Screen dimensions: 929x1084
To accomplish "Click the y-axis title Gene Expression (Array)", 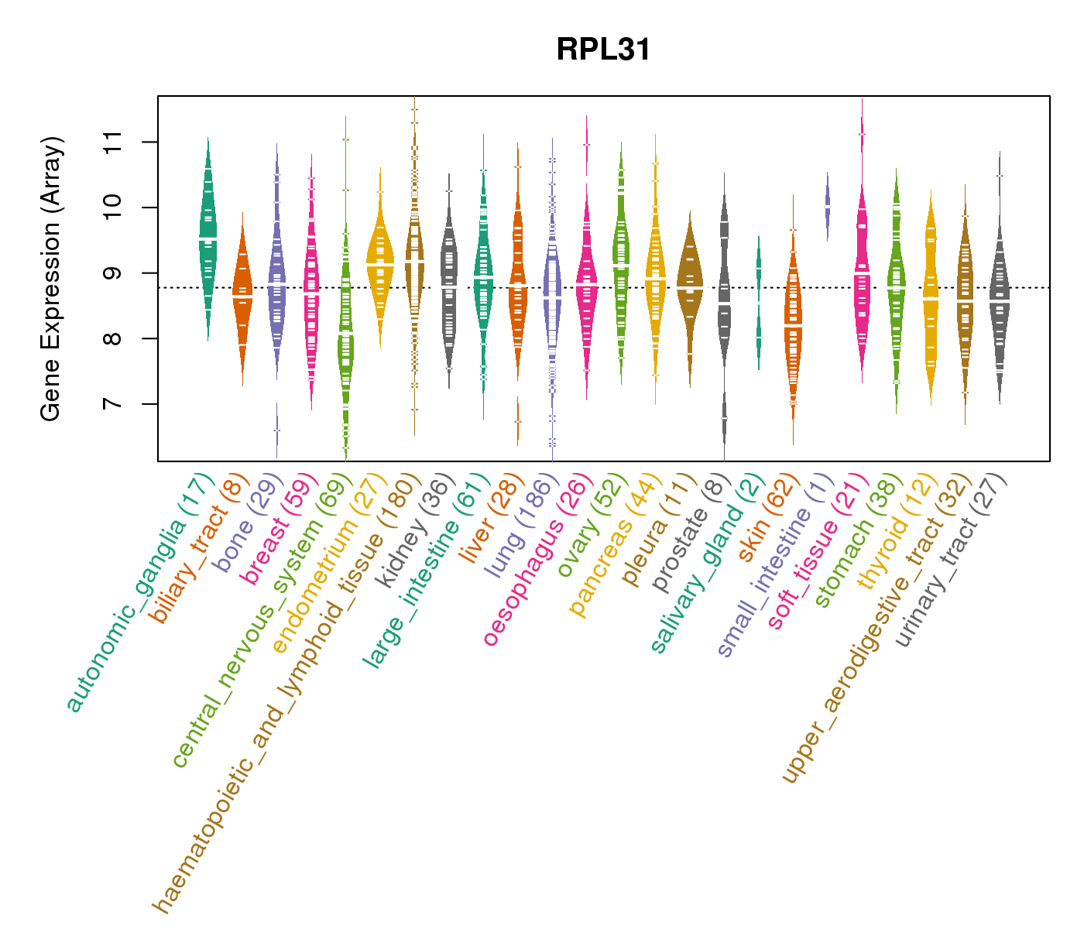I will (x=51, y=279).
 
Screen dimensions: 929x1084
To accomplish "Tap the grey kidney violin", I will (x=448, y=286).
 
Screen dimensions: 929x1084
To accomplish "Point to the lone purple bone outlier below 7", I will (x=276, y=430).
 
